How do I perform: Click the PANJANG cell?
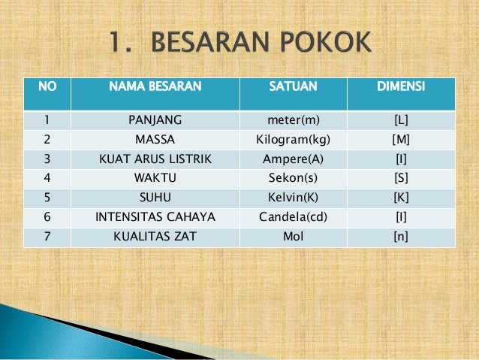(155, 119)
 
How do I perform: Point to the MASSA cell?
(155, 139)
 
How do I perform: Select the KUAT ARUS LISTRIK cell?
(155, 159)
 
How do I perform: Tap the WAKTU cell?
(155, 179)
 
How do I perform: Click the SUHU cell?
(155, 198)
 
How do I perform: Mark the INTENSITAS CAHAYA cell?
(155, 218)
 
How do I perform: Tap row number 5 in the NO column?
(47, 198)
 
